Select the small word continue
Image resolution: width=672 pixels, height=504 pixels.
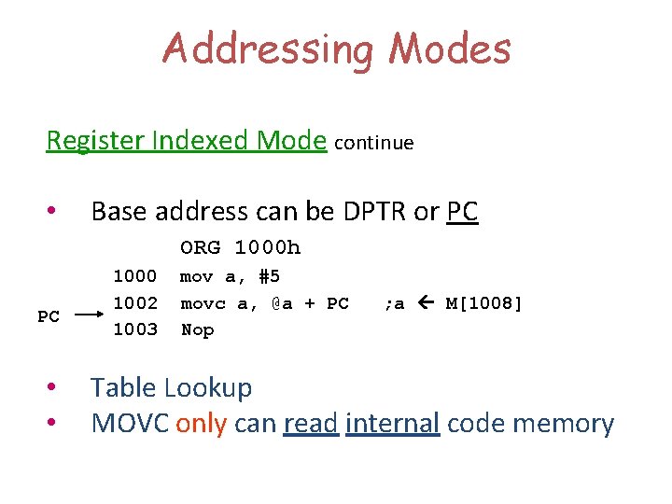click(x=373, y=143)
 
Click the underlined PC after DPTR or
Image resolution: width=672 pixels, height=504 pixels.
click(x=462, y=212)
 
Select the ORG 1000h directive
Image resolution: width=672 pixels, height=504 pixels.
click(x=241, y=248)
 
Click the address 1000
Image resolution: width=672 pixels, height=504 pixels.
click(x=134, y=276)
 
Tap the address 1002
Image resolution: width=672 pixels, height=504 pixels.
click(x=134, y=303)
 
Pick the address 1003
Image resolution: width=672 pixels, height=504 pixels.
click(x=134, y=329)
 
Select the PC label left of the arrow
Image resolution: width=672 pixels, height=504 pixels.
click(x=49, y=316)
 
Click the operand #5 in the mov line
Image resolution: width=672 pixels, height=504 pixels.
click(x=269, y=276)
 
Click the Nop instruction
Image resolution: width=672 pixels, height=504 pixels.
click(x=197, y=329)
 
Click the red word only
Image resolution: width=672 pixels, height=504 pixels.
click(x=201, y=424)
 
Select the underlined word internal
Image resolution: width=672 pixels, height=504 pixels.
click(x=392, y=424)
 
